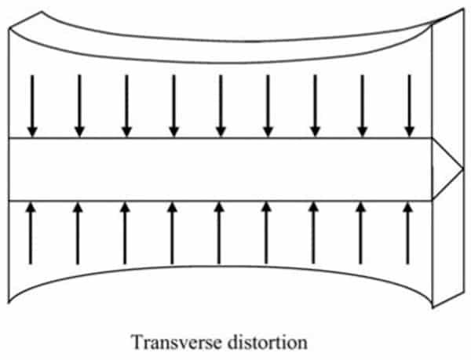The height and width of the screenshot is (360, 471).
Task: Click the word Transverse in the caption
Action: (x=176, y=342)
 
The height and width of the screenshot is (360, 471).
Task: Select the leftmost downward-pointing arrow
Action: (x=32, y=106)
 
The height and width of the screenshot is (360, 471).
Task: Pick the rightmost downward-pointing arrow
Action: (x=410, y=106)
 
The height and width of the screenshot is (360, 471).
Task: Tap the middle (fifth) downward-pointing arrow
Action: (x=221, y=106)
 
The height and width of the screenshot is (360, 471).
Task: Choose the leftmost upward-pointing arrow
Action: (x=31, y=234)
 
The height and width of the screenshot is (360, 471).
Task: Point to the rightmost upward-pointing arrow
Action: (x=407, y=234)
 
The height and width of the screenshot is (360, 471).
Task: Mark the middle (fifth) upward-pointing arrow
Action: (x=219, y=234)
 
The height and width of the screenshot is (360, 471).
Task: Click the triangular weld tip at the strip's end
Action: (x=447, y=169)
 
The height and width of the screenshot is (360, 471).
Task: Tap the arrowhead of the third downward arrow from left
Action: (x=126, y=133)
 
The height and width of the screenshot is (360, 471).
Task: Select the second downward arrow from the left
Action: (x=79, y=106)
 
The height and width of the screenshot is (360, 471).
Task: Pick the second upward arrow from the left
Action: (x=78, y=234)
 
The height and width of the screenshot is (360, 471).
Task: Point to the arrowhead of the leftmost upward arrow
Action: (x=31, y=207)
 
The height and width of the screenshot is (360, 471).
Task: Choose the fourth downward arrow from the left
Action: (x=174, y=106)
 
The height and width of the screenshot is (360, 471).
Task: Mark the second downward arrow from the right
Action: (x=362, y=106)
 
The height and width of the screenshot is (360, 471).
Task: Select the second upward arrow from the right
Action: (x=360, y=234)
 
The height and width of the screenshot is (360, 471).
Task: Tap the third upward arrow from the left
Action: (x=125, y=234)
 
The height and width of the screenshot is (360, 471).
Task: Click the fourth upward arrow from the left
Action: (x=172, y=234)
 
